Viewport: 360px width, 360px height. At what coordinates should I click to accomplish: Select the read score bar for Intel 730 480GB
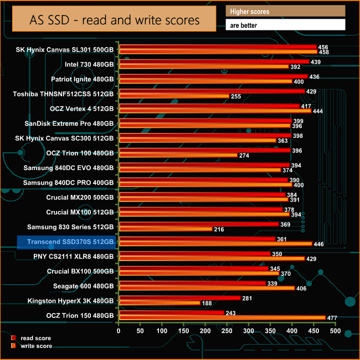[x=214, y=61]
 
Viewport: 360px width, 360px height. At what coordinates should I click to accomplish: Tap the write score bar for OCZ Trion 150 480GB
[x=222, y=317]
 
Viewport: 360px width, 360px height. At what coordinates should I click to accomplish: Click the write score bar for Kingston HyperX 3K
[x=159, y=303]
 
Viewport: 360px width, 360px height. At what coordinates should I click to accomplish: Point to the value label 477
[x=333, y=318]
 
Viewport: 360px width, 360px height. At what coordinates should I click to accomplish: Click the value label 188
[x=207, y=303]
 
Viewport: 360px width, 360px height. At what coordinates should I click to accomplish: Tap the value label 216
[x=219, y=229]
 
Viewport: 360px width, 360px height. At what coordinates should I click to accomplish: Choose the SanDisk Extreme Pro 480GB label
[x=69, y=123]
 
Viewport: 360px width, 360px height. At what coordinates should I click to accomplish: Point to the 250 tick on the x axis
[x=227, y=331]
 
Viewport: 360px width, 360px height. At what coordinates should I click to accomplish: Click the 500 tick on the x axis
[x=335, y=331]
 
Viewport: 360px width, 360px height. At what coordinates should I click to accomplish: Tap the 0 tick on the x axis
[x=119, y=331]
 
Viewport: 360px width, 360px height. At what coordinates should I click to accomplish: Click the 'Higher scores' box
[x=285, y=11]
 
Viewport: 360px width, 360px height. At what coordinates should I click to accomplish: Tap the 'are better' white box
[x=285, y=25]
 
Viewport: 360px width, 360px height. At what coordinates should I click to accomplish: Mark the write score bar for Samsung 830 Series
[x=165, y=229]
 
